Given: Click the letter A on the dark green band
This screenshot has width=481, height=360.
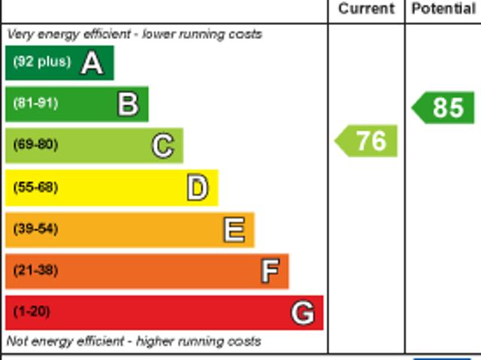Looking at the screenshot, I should point(92,63).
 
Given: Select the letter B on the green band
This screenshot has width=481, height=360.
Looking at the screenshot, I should point(128,104).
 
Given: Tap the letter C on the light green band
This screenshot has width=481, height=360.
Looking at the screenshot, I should point(162,146).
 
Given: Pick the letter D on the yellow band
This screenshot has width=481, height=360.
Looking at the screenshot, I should point(197,188).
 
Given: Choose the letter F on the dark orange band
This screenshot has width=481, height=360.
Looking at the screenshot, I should point(270,271).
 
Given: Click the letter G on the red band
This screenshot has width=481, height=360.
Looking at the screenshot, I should point(302,312).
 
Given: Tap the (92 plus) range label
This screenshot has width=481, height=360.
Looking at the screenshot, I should point(41,62).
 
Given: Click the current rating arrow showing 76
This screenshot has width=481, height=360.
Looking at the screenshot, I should point(366,141).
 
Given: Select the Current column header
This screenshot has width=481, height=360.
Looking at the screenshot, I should point(366,9).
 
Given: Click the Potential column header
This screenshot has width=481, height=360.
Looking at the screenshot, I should point(443,9).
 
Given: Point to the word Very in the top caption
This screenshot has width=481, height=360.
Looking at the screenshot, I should point(20,35).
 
